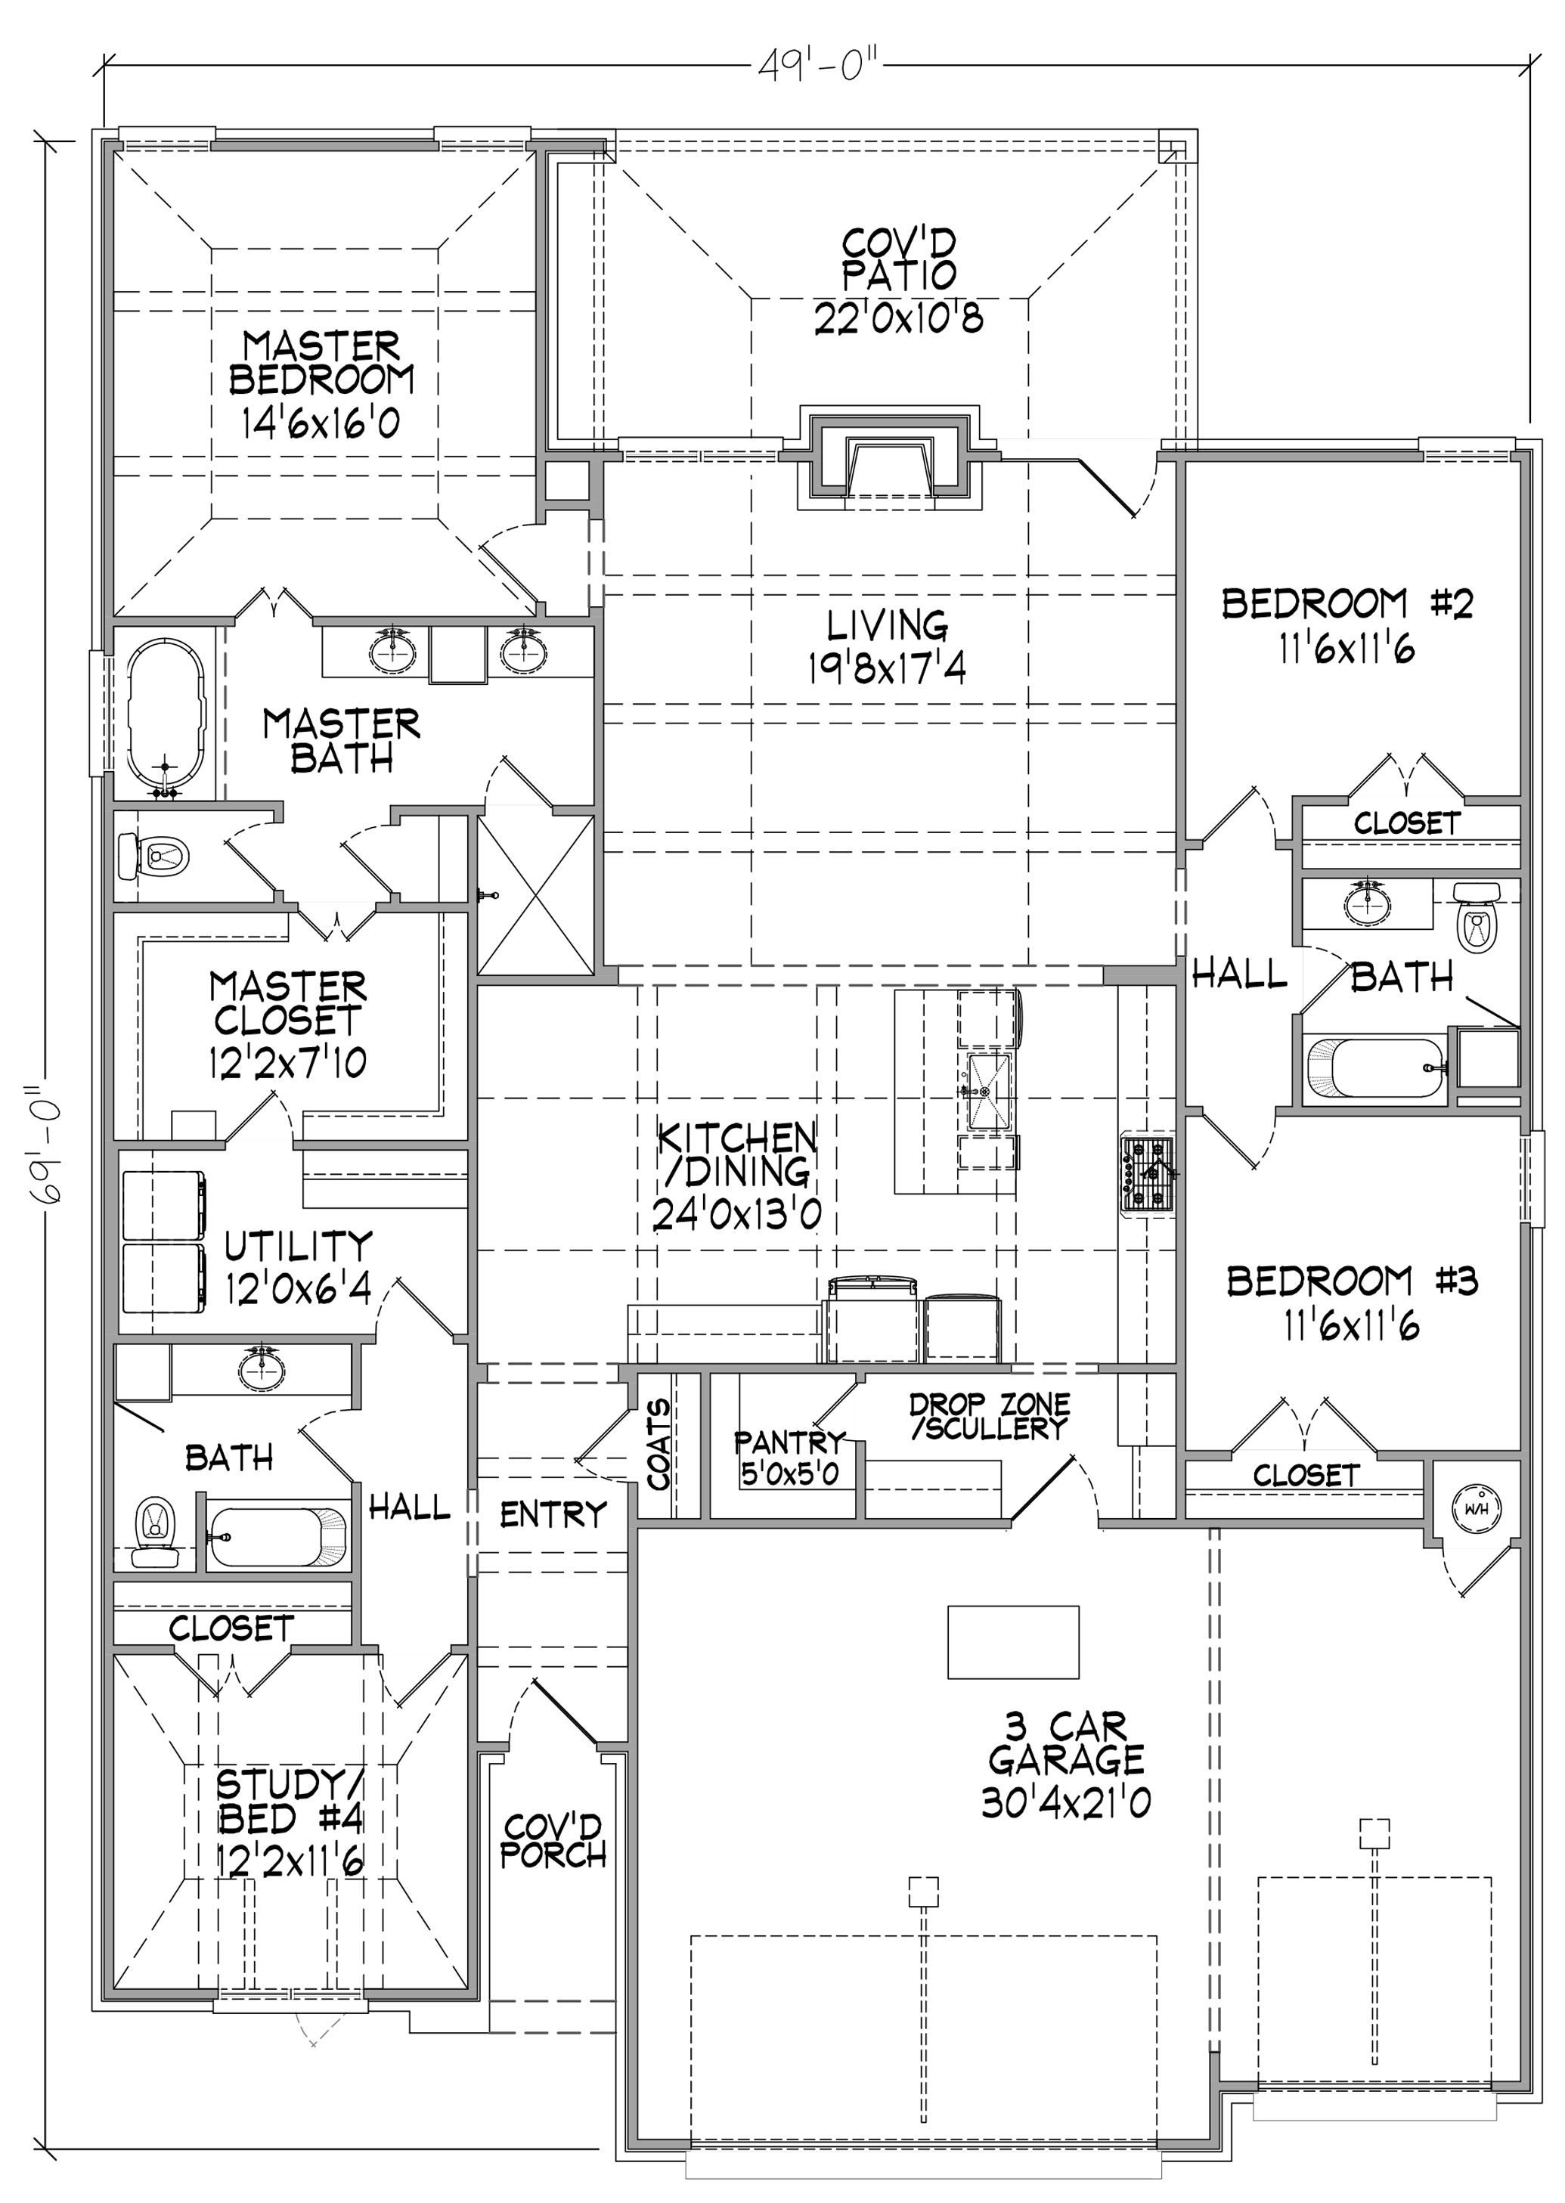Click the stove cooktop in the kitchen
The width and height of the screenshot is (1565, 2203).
click(x=1147, y=1173)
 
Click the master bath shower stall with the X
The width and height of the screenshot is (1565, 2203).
click(x=536, y=894)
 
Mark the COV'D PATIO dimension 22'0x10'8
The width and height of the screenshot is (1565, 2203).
click(x=898, y=317)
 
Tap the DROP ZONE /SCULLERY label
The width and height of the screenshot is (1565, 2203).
click(x=990, y=1417)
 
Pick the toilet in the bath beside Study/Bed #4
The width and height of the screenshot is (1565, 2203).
click(x=153, y=1529)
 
